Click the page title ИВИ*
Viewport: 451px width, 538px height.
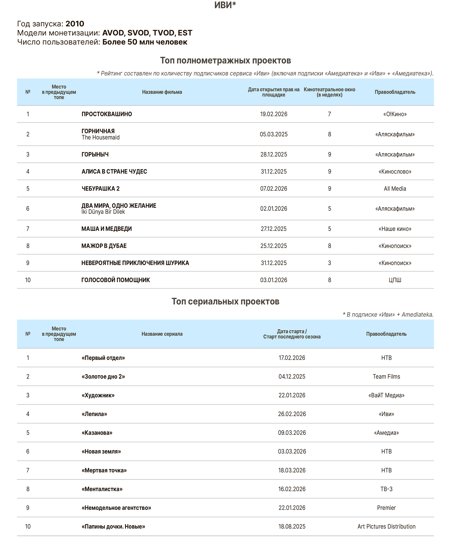click(x=225, y=5)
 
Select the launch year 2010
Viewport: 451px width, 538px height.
click(x=75, y=24)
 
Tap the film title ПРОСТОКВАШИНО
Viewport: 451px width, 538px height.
click(x=107, y=114)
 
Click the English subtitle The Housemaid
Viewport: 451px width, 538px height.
click(x=100, y=137)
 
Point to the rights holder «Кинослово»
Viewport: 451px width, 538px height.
click(x=395, y=172)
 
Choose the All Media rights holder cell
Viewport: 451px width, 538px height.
click(x=395, y=189)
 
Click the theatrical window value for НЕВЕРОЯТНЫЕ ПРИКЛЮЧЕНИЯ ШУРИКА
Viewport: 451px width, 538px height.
click(x=329, y=263)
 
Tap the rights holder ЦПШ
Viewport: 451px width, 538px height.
click(x=395, y=280)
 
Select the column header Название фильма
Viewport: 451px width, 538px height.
click(x=162, y=92)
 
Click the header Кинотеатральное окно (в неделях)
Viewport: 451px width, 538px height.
click(x=329, y=92)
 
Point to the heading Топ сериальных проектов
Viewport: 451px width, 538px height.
click(x=225, y=302)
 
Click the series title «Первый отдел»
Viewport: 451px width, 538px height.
click(x=103, y=358)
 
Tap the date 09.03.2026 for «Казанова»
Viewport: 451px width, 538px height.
click(x=292, y=433)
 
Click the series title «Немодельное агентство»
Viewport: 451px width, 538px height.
click(x=116, y=508)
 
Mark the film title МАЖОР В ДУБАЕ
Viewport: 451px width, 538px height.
click(x=104, y=246)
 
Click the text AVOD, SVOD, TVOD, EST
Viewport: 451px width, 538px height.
click(x=147, y=33)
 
